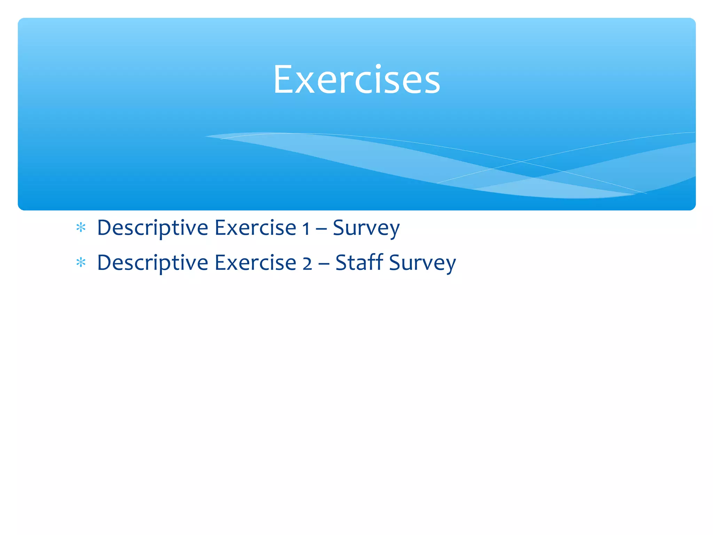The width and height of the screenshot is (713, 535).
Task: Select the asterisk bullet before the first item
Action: click(x=81, y=228)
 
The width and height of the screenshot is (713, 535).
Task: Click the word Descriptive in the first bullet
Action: click(x=152, y=228)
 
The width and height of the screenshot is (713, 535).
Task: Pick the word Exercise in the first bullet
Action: click(x=255, y=228)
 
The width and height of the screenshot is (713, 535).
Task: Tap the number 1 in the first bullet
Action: click(x=306, y=229)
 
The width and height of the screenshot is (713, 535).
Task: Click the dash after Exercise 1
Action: click(x=321, y=230)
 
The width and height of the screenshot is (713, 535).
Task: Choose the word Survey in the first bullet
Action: click(x=366, y=228)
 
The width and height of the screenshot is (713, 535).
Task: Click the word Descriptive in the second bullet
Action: click(x=152, y=263)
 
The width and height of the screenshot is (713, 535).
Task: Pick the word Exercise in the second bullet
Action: click(x=255, y=263)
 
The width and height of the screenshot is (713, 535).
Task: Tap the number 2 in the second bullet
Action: click(x=307, y=264)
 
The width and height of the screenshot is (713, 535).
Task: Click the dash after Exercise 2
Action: click(x=323, y=265)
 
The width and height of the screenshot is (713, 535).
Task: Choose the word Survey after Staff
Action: click(x=422, y=263)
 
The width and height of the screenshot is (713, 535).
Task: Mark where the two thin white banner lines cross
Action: click(x=521, y=162)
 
